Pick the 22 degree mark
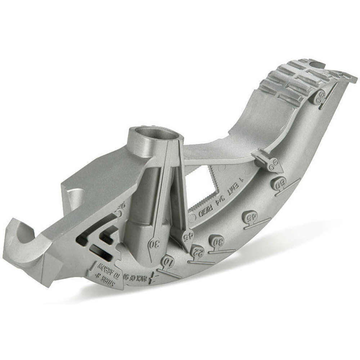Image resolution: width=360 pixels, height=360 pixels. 197,251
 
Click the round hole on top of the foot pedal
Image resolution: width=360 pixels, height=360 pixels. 317,65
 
